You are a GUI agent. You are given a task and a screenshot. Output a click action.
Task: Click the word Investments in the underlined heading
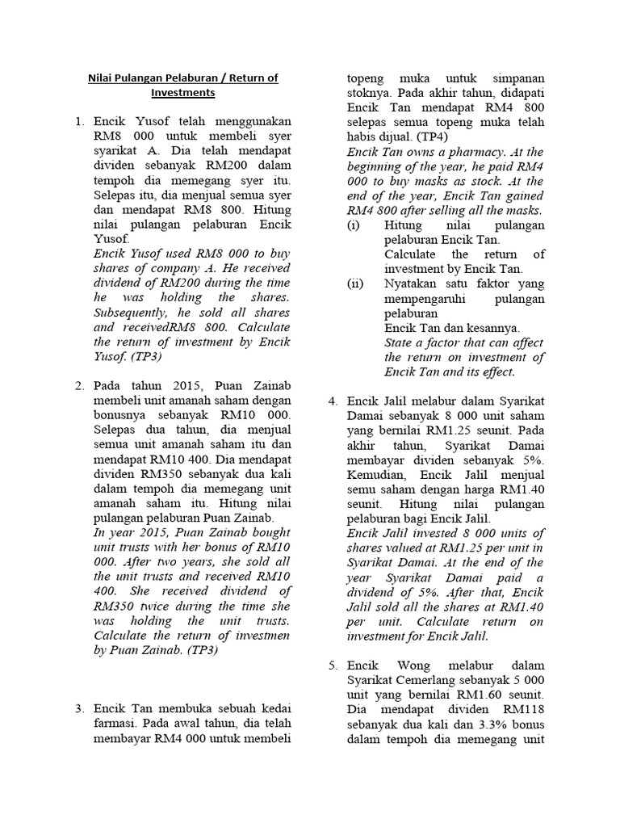point(182,93)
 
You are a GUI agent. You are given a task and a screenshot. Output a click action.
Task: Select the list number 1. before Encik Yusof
point(80,122)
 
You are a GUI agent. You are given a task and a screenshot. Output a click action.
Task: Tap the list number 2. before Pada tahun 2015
point(80,386)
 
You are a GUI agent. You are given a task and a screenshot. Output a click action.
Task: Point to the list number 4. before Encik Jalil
point(333,401)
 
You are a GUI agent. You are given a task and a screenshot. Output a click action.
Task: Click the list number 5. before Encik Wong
point(333,665)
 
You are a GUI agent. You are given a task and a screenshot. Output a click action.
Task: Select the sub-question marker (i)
point(354,225)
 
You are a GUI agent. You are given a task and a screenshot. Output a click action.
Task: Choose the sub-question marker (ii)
point(355,283)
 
